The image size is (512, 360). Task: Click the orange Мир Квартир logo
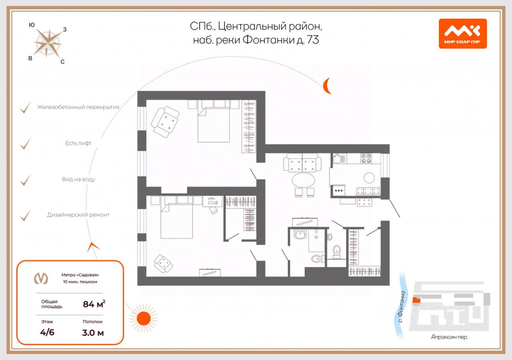tap(463, 34)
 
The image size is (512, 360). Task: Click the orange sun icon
tap(144, 318)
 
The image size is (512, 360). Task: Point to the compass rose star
tap(48, 43)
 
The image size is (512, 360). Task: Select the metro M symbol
tap(41, 279)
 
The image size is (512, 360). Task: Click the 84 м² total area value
tap(94, 304)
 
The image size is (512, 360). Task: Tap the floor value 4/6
tap(47, 332)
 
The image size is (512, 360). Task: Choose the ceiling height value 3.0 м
tap(93, 332)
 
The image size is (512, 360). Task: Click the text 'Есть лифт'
tap(78, 143)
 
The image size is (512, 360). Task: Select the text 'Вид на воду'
tap(78, 179)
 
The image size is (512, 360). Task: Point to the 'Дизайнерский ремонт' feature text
tap(78, 215)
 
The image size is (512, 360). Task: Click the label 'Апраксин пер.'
tap(449, 337)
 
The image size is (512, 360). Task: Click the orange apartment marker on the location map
tap(416, 300)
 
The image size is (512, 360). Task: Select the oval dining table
tap(303, 180)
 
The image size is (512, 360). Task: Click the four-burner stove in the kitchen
tap(366, 158)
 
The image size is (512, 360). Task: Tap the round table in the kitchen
tap(369, 178)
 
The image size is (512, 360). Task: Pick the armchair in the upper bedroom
tap(165, 122)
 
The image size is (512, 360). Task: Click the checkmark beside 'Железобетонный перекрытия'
tap(25, 108)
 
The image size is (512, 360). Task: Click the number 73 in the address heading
tap(313, 40)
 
